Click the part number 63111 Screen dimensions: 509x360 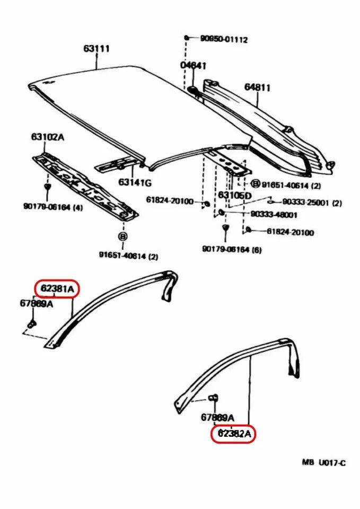pos(96,49)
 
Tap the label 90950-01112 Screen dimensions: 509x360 pos(223,39)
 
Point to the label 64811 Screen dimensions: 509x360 pos(258,87)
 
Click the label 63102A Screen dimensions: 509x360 pos(47,137)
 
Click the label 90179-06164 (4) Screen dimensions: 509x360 pos(52,207)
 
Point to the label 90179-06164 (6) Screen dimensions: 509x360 pos(232,249)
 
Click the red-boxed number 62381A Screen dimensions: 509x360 pos(57,289)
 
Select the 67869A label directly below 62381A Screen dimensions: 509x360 pos(36,304)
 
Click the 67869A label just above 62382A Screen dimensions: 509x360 pos(217,417)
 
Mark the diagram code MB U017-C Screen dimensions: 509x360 pos(323,463)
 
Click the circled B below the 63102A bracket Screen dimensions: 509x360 pos(122,237)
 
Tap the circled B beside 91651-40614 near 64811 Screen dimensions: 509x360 pos(255,184)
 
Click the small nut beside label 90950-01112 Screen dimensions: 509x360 pos(187,38)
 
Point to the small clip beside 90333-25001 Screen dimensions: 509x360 pos(270,201)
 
